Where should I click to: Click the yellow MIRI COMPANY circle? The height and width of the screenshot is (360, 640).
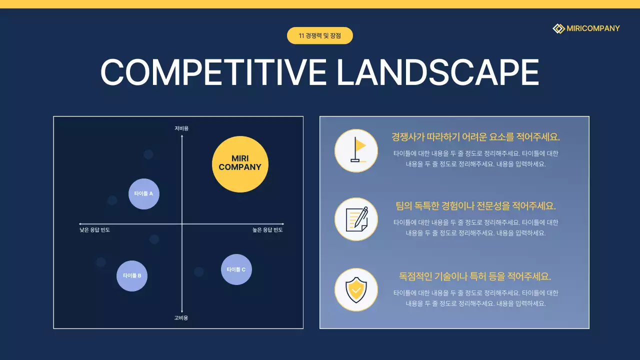240,164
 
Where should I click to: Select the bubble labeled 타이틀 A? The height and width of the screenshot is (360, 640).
144,193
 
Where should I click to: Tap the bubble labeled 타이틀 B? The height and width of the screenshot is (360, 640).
132,275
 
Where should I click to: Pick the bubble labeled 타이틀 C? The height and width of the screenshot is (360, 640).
236,269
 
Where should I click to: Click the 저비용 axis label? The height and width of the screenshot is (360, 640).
181,128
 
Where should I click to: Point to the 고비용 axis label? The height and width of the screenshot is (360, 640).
181,318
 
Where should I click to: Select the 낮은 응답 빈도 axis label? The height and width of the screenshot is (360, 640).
94,230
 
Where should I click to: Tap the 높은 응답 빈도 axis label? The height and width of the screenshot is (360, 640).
267,230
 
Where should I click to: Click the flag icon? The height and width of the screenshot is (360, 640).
356,150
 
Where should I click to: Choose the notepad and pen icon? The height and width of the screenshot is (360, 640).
356,219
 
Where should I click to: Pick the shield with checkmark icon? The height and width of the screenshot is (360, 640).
356,289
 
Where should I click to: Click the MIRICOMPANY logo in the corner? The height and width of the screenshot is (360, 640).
586,28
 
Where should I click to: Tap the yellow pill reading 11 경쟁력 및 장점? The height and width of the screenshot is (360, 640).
320,35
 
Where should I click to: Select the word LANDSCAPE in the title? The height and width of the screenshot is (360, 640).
437,72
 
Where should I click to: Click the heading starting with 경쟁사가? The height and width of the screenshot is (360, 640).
475,137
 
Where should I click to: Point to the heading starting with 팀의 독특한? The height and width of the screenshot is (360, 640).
475,206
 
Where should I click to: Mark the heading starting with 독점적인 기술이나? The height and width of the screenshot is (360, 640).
475,276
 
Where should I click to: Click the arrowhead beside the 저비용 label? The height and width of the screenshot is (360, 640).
182,136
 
